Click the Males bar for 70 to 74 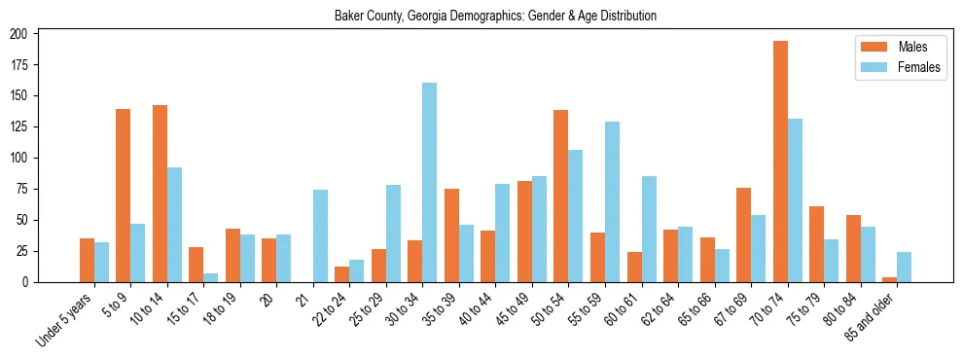pyautogui.click(x=780, y=162)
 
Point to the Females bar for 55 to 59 pyautogui.click(x=612, y=202)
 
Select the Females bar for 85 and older pyautogui.click(x=904, y=268)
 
